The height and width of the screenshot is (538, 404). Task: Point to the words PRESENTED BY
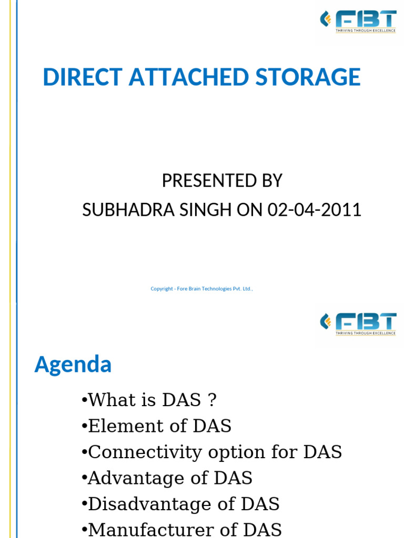[x=222, y=181]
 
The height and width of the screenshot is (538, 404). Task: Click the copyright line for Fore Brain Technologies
[x=202, y=288]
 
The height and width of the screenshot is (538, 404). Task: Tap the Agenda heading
[x=73, y=364]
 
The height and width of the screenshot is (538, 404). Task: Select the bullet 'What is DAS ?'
[x=149, y=400]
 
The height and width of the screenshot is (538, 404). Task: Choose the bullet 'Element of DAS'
[x=157, y=426]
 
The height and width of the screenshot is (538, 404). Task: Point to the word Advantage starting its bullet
[x=122, y=478]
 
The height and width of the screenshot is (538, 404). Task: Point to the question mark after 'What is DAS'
[x=211, y=400]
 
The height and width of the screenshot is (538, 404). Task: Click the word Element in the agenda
[x=114, y=426]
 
